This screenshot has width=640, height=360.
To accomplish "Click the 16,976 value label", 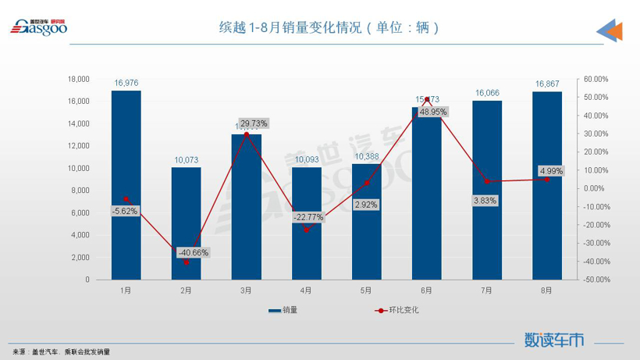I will tap(126, 83).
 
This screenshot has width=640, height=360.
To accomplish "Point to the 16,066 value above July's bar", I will tap(487, 93).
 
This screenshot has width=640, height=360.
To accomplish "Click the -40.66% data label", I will tap(193, 252).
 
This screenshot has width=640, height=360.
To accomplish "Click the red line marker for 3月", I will tap(246, 135).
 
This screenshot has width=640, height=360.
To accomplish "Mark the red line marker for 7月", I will tap(487, 181).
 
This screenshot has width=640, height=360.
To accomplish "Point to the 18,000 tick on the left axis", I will tap(79, 79).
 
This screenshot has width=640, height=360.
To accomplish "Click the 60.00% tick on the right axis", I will tap(596, 79).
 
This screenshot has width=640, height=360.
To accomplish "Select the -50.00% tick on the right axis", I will tap(596, 280).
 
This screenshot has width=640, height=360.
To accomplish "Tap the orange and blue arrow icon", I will tap(610, 30).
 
